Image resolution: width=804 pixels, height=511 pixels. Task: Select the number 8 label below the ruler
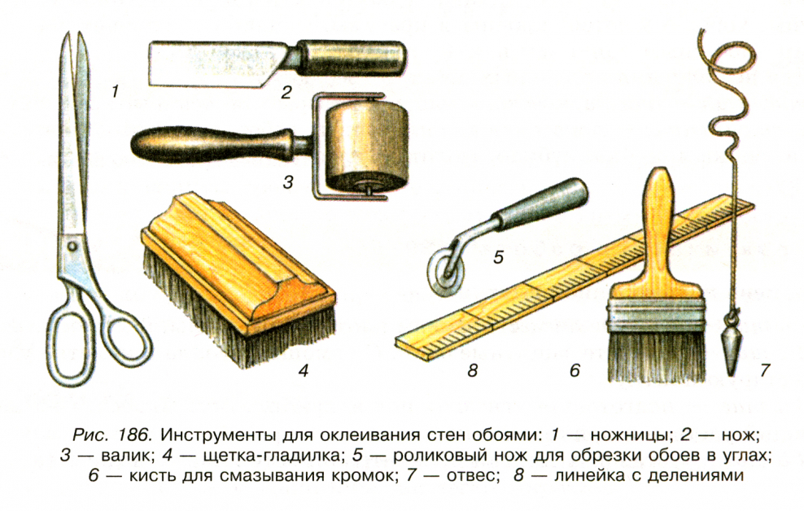click(x=472, y=371)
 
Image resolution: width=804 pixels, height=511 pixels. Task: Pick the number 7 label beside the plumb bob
click(x=764, y=371)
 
